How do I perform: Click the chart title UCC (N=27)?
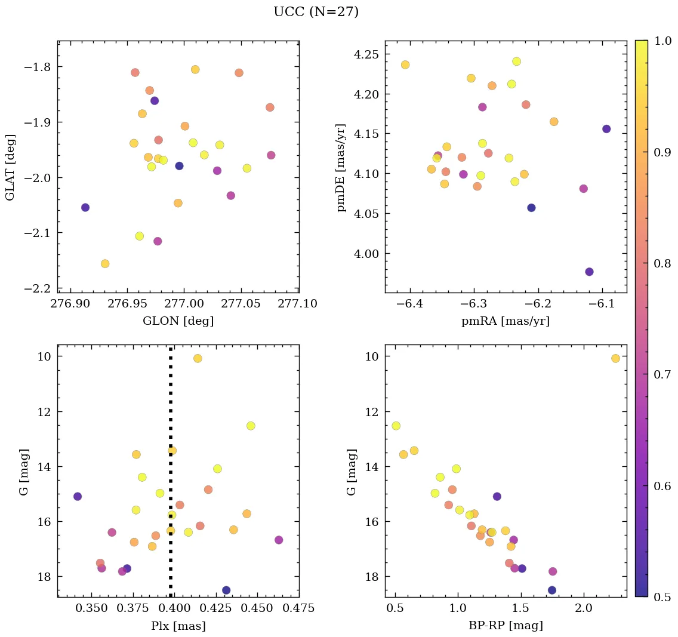tap(316, 12)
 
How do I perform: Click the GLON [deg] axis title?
tap(178, 321)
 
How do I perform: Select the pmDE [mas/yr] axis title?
tap(341, 167)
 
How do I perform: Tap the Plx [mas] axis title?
tap(178, 626)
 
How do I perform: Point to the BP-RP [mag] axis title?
tap(505, 626)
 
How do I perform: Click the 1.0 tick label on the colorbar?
tap(662, 41)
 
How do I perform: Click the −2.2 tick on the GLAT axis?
tap(37, 288)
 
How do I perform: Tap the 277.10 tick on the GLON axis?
tap(298, 304)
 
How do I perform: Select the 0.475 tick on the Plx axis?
tap(299, 608)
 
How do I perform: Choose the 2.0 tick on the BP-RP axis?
tap(584, 608)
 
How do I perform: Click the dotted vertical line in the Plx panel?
tap(171, 478)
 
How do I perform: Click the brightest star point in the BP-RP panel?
tap(615, 358)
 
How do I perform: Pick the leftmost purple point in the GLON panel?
tap(85, 207)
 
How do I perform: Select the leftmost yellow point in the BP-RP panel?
tap(396, 426)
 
